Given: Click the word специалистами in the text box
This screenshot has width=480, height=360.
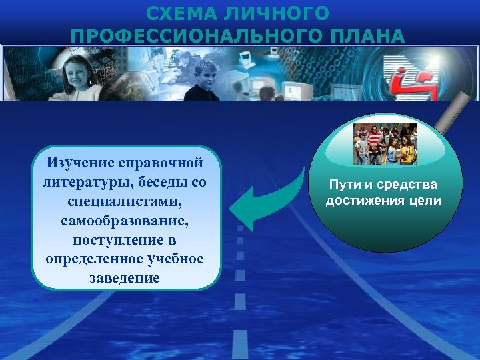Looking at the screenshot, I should [x=126, y=201].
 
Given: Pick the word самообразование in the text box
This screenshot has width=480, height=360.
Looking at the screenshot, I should [x=126, y=219].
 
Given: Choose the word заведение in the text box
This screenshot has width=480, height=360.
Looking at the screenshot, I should [x=126, y=277].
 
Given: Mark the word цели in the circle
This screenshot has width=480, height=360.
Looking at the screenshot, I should [x=427, y=201].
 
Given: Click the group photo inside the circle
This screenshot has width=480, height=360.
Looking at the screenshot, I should [x=385, y=143].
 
